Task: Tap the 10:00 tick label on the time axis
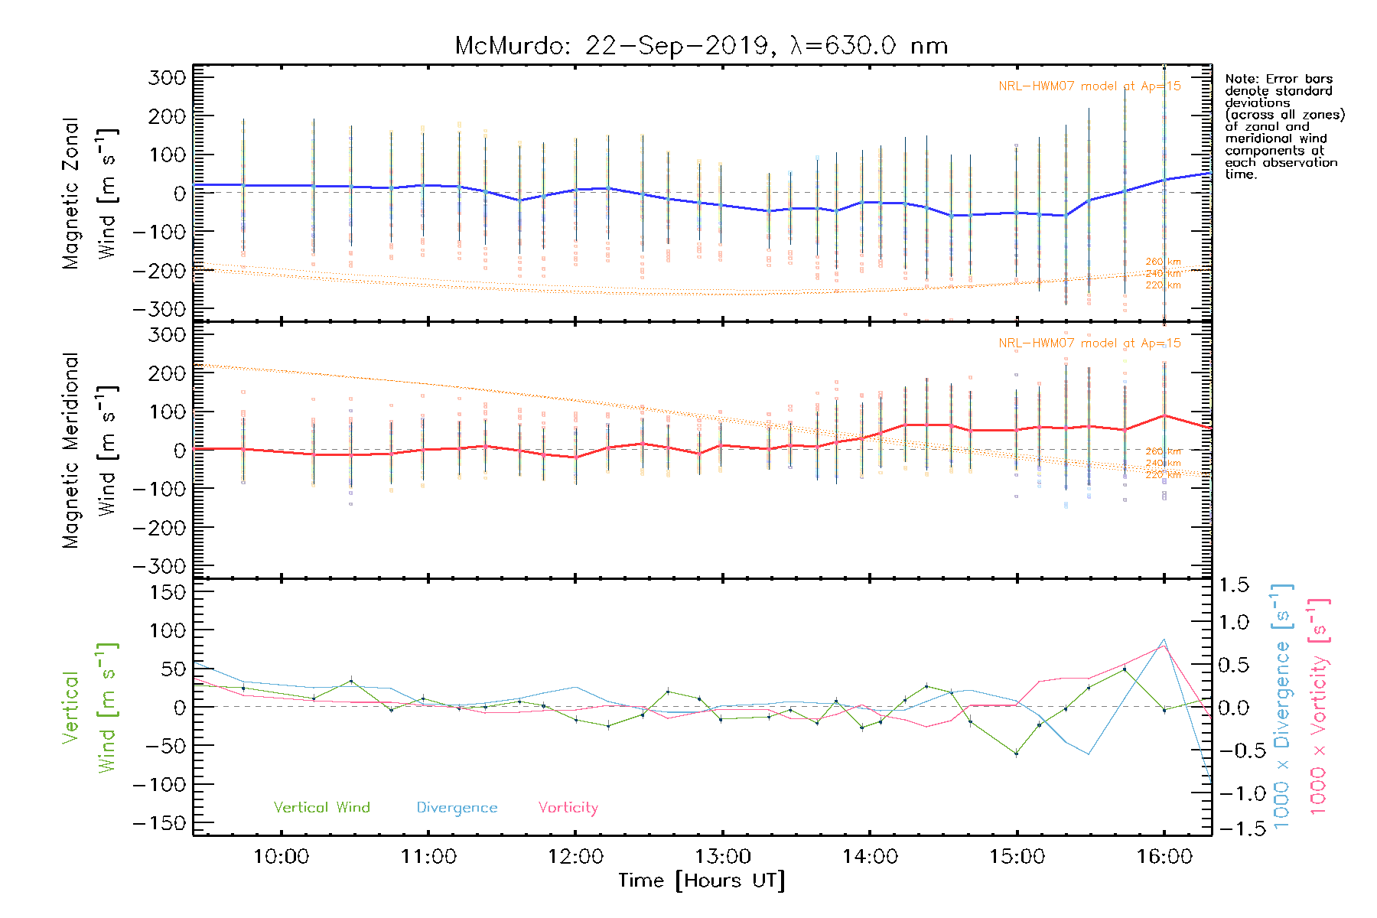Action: point(281,857)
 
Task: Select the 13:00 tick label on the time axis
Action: point(723,857)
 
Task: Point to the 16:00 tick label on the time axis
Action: point(1164,857)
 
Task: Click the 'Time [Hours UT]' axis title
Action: point(702,881)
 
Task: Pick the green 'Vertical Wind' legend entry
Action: point(321,807)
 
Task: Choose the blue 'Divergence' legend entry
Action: point(457,807)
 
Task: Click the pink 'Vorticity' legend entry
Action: point(568,807)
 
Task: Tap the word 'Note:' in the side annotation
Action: point(1241,79)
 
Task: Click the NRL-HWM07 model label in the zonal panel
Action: point(1089,86)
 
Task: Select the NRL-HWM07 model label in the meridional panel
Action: point(1089,343)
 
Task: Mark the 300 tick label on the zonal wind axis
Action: point(167,77)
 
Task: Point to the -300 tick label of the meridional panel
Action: point(159,566)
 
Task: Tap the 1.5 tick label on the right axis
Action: point(1233,585)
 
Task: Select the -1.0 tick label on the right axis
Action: point(1233,793)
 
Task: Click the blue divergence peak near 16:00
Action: point(1164,639)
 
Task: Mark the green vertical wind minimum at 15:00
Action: point(1017,754)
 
